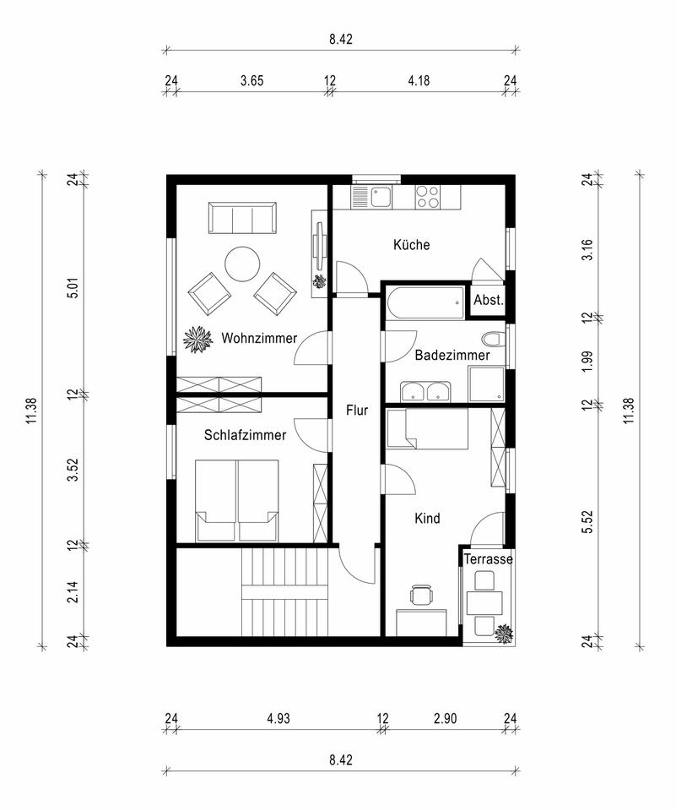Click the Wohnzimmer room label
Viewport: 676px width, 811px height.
coord(259,338)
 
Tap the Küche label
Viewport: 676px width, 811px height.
coord(411,245)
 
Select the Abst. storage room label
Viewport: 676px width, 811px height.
coord(489,299)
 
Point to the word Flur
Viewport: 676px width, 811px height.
coord(357,411)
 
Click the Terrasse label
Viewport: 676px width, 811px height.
coord(489,559)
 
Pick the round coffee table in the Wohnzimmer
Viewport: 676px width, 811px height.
coord(242,264)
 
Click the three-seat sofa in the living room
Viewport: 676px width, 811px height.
coord(242,218)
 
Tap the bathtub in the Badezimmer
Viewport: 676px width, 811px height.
coord(425,303)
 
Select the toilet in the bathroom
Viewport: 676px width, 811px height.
coord(493,340)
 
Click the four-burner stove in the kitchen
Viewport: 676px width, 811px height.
coord(428,197)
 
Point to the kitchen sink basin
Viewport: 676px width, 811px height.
coord(381,197)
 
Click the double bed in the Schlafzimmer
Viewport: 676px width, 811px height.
coord(236,501)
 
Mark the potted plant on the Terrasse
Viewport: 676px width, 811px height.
coord(503,634)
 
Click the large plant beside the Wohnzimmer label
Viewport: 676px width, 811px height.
coord(198,340)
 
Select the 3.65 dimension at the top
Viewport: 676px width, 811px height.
coord(251,81)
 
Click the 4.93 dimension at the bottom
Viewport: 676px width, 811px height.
coord(278,718)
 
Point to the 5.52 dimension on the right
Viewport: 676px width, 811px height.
coord(587,522)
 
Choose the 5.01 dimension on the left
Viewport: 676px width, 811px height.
coord(74,288)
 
